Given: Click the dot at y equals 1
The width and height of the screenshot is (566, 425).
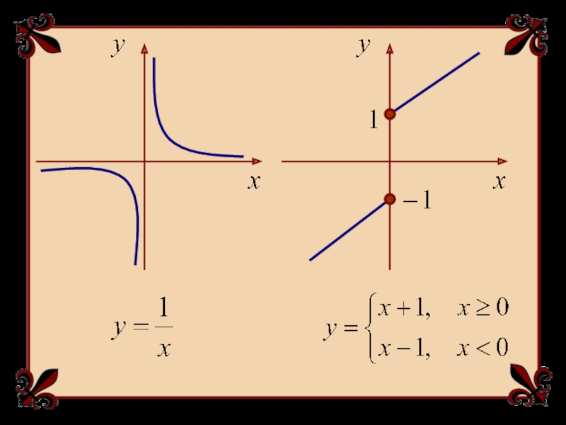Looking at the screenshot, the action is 390,114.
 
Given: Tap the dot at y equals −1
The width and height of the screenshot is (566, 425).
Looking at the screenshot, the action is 390,200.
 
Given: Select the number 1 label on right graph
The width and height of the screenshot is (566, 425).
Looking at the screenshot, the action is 373,122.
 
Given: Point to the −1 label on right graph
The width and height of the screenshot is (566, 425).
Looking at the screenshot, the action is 417,202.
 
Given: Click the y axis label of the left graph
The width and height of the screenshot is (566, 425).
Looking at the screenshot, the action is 118,46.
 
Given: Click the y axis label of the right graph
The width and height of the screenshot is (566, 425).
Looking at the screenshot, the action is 364,46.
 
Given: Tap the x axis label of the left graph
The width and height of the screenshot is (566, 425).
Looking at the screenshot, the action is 253,182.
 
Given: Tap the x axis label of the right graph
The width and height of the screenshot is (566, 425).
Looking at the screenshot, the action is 499,182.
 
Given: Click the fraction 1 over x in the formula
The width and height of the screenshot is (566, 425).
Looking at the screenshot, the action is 163,327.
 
